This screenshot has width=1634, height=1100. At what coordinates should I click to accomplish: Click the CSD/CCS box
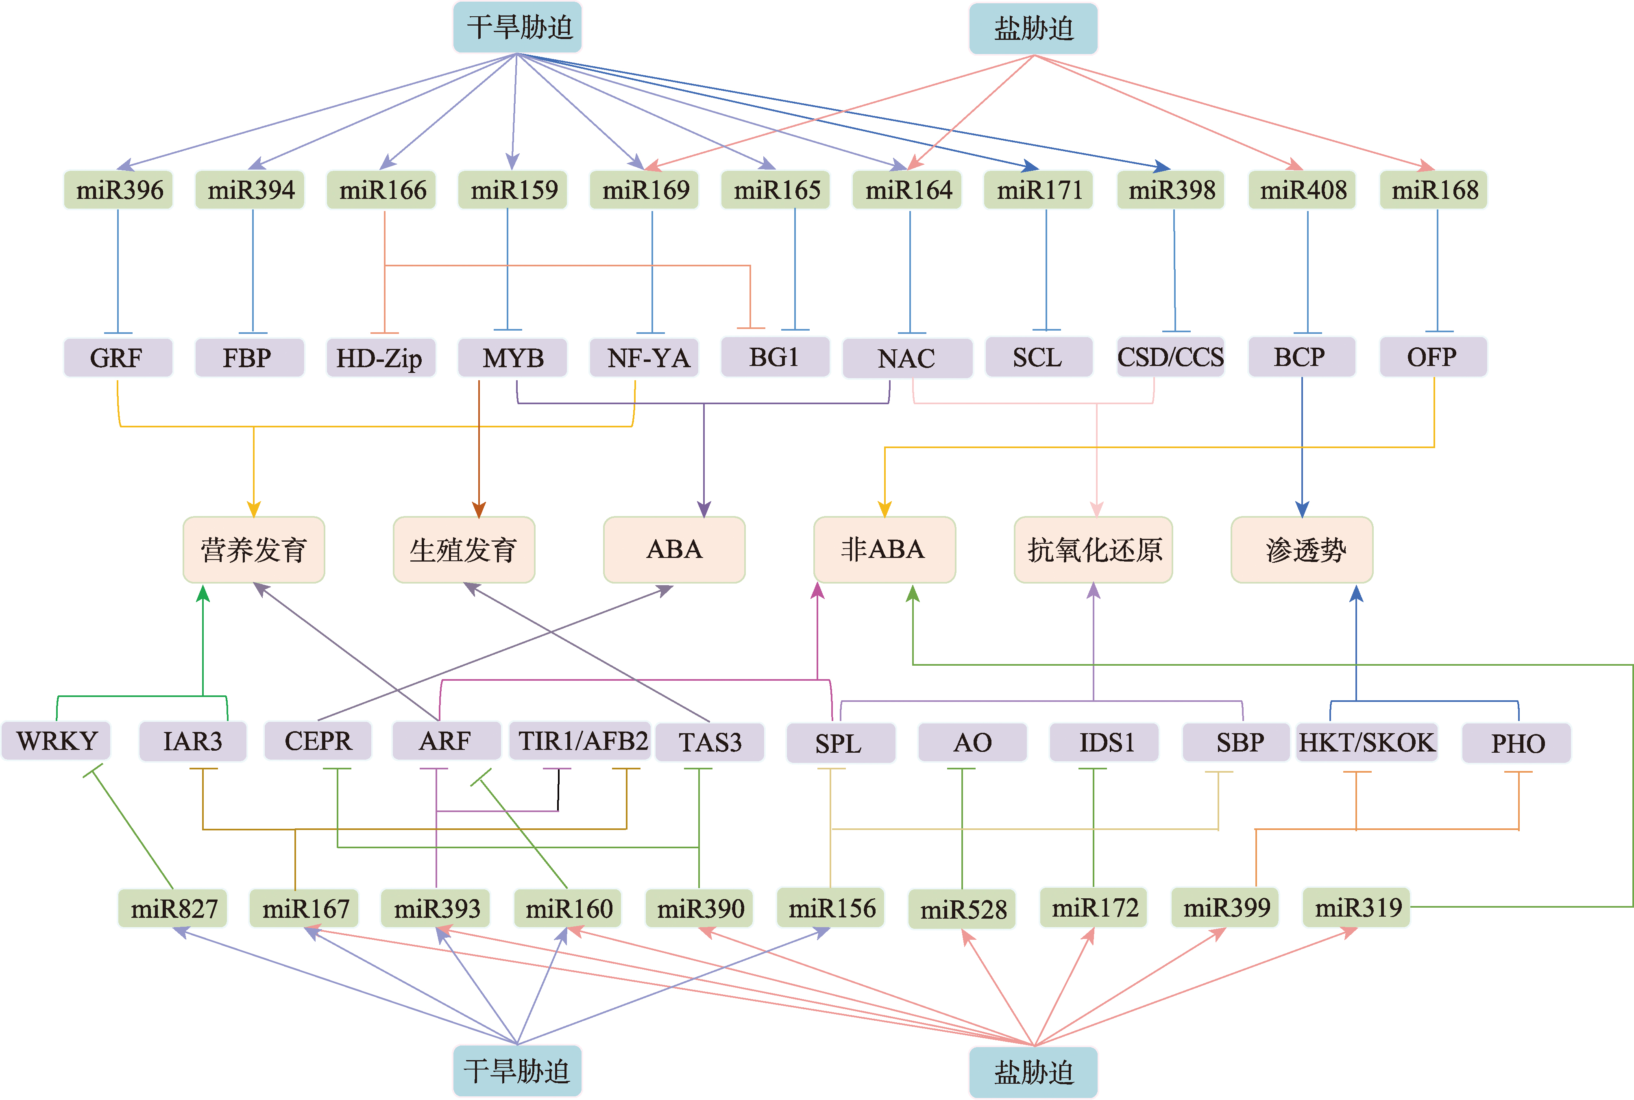tap(1170, 358)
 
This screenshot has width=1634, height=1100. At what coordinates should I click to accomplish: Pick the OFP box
tap(1433, 358)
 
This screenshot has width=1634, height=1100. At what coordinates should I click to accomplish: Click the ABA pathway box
tap(673, 549)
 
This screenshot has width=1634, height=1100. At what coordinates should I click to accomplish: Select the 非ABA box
tap(884, 549)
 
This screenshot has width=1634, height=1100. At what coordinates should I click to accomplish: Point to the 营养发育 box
tap(253, 549)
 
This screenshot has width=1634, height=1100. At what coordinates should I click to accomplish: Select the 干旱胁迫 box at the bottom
tap(517, 1071)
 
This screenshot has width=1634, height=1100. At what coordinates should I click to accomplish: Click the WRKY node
tap(56, 741)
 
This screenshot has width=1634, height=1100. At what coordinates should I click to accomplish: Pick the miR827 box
tap(173, 908)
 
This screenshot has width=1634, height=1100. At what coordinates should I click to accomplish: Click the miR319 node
tap(1357, 908)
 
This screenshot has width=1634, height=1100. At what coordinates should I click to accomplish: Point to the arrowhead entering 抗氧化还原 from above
tap(1096, 509)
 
